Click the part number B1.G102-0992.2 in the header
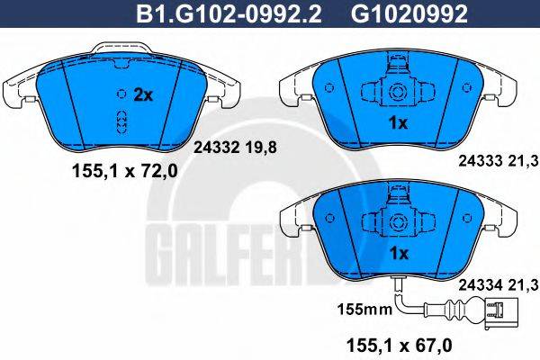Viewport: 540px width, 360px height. (229, 14)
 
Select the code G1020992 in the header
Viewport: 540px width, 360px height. (409, 14)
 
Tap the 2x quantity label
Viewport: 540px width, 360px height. (143, 94)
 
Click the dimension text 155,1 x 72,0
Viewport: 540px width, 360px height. (125, 170)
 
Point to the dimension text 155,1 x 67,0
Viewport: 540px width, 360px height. (400, 345)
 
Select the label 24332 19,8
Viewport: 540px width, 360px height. (236, 148)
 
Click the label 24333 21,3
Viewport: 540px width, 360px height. (499, 160)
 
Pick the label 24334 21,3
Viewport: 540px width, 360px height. (499, 284)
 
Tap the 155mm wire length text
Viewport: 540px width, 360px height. (365, 309)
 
